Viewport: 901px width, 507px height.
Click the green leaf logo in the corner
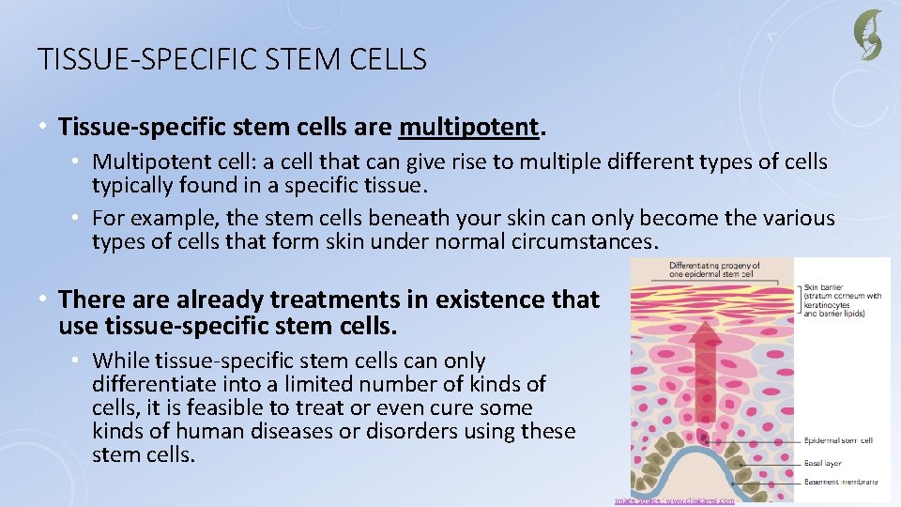[x=867, y=35]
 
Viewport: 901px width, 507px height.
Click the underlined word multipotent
[x=469, y=126]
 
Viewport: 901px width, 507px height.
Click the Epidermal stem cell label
[x=839, y=440]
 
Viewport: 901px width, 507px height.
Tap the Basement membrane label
[x=841, y=482]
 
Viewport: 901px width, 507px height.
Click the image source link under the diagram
[x=675, y=500]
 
